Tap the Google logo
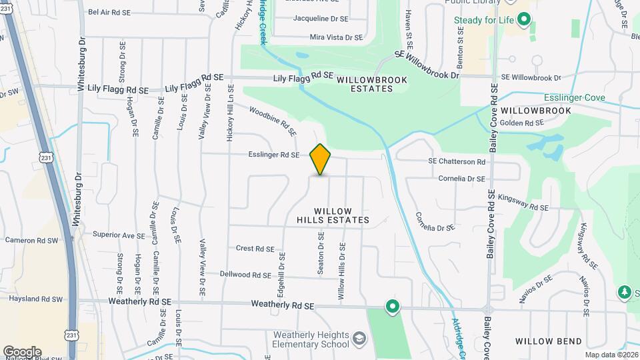22,351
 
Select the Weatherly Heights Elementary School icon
359,339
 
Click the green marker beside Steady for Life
524,20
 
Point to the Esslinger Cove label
575,98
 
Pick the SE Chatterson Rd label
457,162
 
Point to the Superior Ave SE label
119,235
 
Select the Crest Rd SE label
255,249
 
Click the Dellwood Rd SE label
247,275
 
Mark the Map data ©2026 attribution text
610,355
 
